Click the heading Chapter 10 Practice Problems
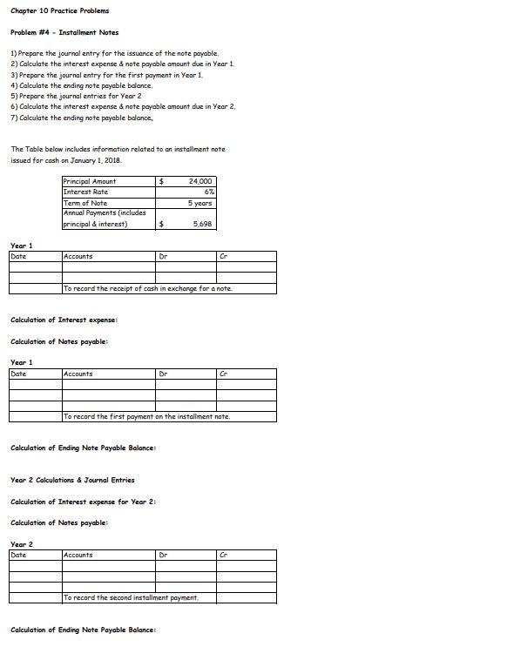(59, 10)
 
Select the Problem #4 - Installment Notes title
(64, 32)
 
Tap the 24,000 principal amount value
(201, 181)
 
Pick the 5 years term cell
(199, 203)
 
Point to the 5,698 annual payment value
(203, 224)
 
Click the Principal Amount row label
(90, 181)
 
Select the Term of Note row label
(85, 203)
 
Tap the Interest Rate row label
(85, 192)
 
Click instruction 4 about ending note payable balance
(81, 85)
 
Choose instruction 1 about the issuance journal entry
(114, 53)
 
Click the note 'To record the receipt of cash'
(148, 288)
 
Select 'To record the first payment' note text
(146, 417)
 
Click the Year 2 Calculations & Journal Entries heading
(72, 480)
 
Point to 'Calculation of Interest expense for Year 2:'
(83, 502)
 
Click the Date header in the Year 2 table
(18, 555)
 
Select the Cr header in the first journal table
(224, 256)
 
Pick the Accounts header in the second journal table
(78, 374)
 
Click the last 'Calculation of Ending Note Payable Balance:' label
(83, 630)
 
